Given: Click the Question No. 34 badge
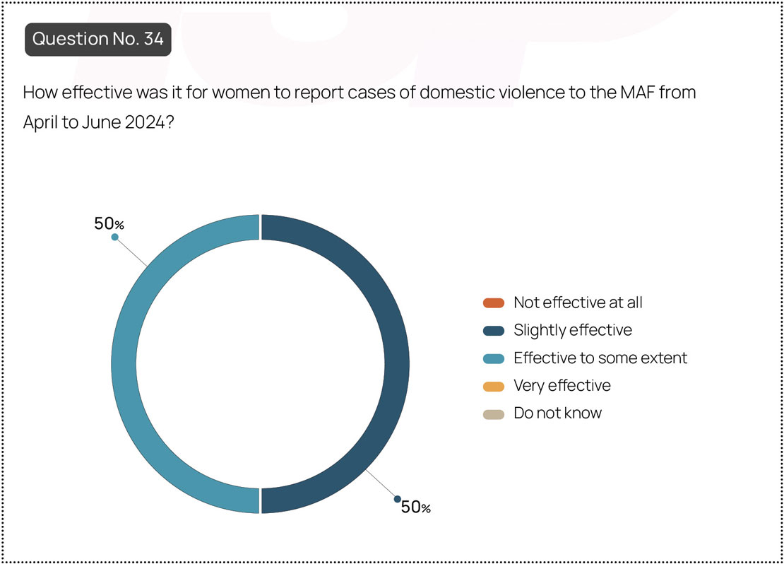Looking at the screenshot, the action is (x=98, y=39).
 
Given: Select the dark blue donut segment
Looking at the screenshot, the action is (x=397, y=364).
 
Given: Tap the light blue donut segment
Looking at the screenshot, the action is (x=124, y=364).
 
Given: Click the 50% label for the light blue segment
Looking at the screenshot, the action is (x=109, y=224).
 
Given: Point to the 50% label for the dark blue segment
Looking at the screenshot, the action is (x=416, y=507).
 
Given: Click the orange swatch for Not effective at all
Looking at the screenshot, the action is (x=494, y=302).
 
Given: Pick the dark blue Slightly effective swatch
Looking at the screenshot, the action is (x=494, y=330).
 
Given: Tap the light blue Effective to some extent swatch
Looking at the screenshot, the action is (x=494, y=358).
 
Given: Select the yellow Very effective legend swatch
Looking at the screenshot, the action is (x=494, y=386).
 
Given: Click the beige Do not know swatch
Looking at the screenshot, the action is (x=494, y=414).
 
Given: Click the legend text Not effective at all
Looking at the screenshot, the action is (x=578, y=302).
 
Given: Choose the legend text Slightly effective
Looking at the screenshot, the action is (x=573, y=330).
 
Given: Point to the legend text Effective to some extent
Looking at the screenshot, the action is (x=600, y=358).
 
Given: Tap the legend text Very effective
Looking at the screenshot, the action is (x=562, y=386).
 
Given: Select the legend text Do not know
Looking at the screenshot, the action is (x=558, y=413).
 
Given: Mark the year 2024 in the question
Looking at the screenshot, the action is (x=145, y=122).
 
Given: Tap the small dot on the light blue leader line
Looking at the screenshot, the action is (x=115, y=237).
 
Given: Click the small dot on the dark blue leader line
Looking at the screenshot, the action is (x=398, y=499).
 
